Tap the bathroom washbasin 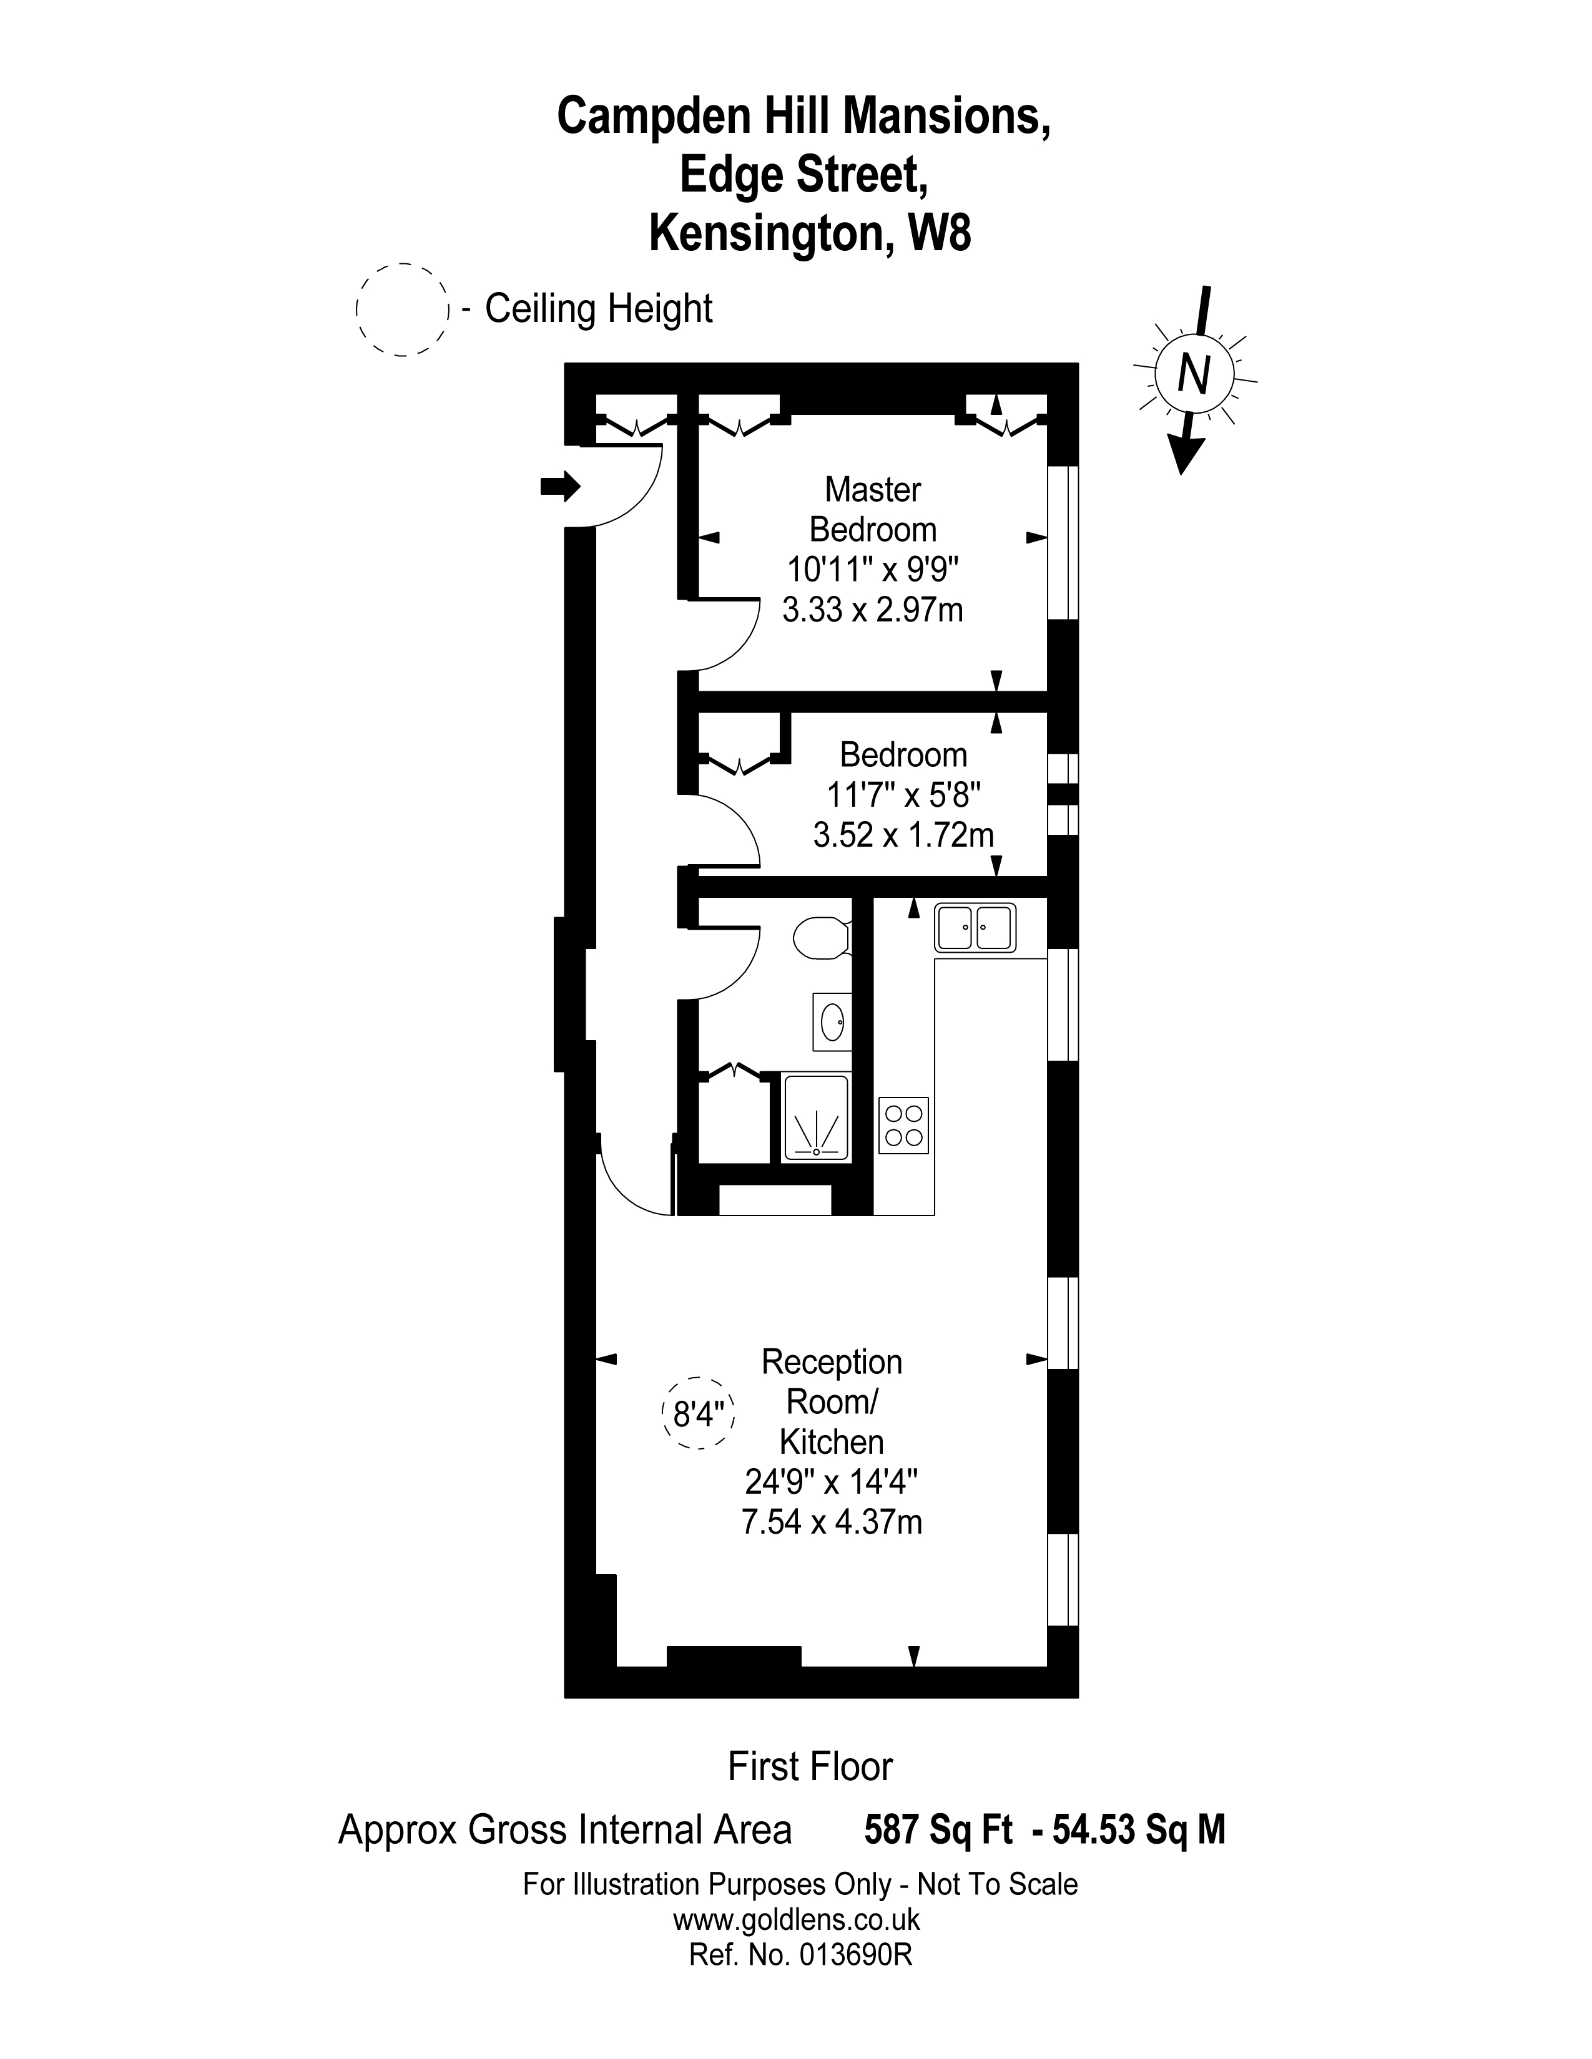click(x=832, y=1021)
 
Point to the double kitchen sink click(x=975, y=928)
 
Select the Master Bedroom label click(x=872, y=509)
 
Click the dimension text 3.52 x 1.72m click(x=903, y=835)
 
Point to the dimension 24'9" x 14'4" click(x=831, y=1482)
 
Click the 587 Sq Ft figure click(x=938, y=1830)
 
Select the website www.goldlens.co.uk click(x=796, y=1919)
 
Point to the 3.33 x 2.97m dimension click(x=872, y=610)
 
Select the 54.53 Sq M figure click(x=1138, y=1830)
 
